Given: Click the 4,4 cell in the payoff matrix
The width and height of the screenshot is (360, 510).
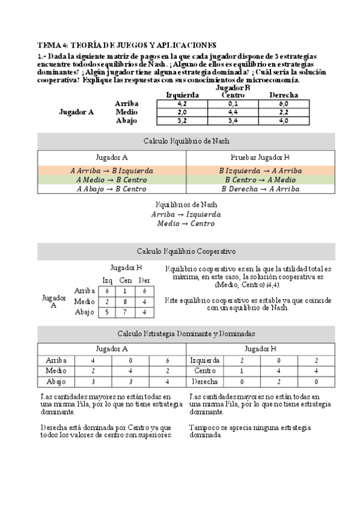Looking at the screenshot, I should pyautogui.click(x=233, y=112).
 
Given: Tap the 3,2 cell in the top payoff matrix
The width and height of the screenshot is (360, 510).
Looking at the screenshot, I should pyautogui.click(x=182, y=121).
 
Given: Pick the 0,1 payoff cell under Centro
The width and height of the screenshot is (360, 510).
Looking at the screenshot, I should pyautogui.click(x=233, y=103).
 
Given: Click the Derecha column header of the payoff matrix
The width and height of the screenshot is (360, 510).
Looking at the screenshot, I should pyautogui.click(x=284, y=95).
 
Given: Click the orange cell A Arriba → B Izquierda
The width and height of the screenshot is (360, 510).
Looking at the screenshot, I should pyautogui.click(x=112, y=170).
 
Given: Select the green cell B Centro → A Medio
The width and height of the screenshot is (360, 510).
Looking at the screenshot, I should pyautogui.click(x=260, y=179).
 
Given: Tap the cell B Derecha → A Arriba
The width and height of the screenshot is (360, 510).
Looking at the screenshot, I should pyautogui.click(x=260, y=188).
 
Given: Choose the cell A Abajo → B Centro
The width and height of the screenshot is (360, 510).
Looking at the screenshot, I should pyautogui.click(x=112, y=188).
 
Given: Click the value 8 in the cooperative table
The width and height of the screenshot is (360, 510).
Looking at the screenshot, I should pyautogui.click(x=126, y=301).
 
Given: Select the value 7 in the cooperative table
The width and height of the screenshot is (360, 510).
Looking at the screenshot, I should pyautogui.click(x=126, y=312).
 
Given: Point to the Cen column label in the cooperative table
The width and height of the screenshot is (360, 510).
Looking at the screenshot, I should pyautogui.click(x=126, y=280).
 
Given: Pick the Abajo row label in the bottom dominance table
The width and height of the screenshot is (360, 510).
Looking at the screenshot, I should pyautogui.click(x=56, y=381).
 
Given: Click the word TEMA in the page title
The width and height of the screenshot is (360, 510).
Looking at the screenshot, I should pyautogui.click(x=48, y=45).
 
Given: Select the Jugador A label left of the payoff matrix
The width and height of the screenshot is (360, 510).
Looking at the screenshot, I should pyautogui.click(x=76, y=112).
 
